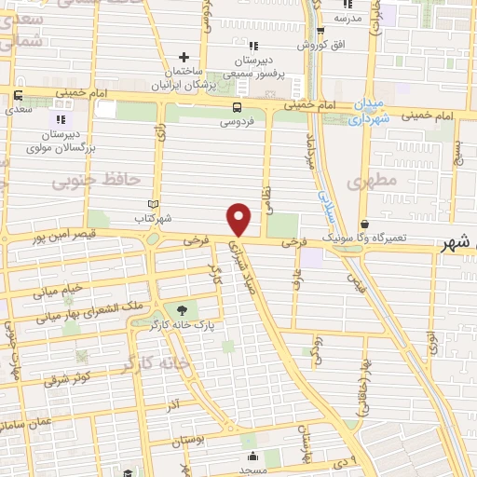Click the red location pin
click(x=239, y=219)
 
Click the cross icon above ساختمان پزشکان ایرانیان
click(x=185, y=57)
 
